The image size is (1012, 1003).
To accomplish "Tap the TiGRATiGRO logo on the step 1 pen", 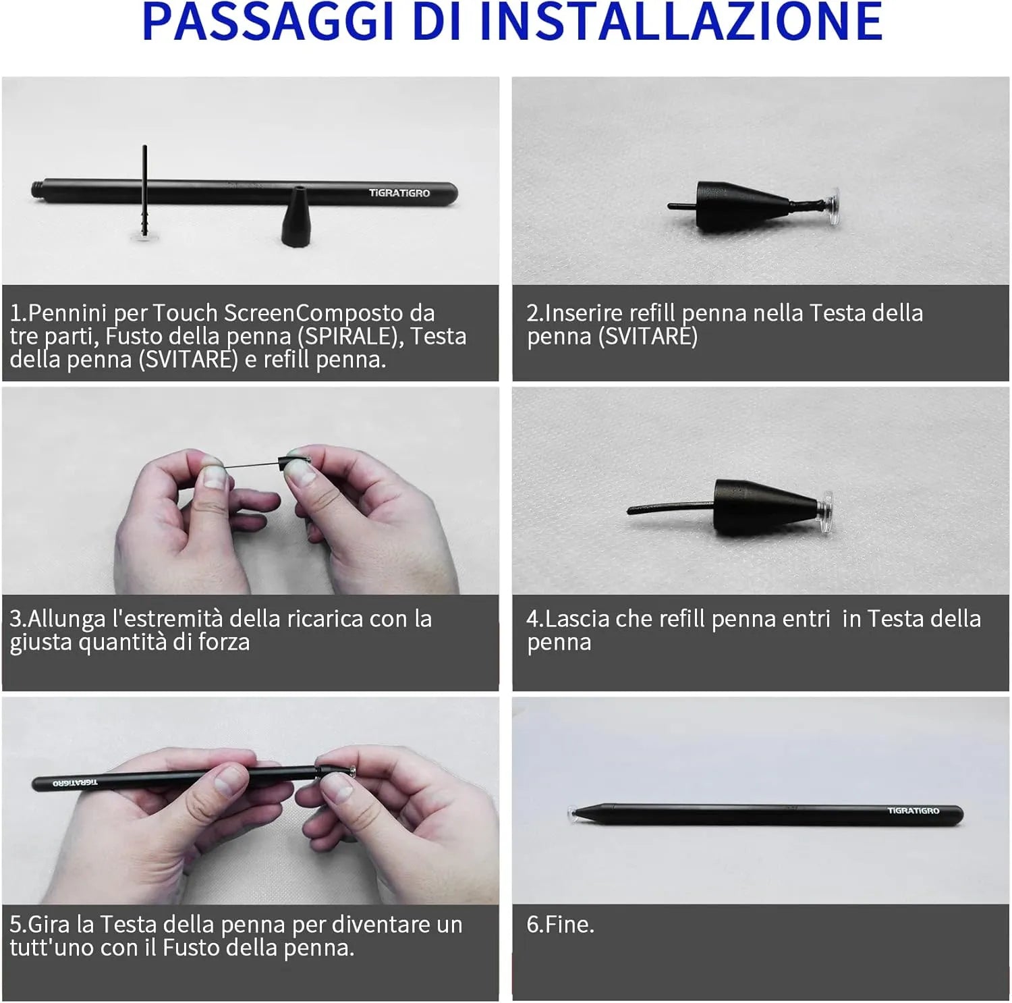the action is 399,193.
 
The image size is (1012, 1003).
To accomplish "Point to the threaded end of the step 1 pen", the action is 38,190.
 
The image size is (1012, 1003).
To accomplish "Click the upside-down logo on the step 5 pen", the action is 75,783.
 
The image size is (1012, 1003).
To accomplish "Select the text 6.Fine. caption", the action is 560,925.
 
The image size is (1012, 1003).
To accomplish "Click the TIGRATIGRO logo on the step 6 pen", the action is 913,811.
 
